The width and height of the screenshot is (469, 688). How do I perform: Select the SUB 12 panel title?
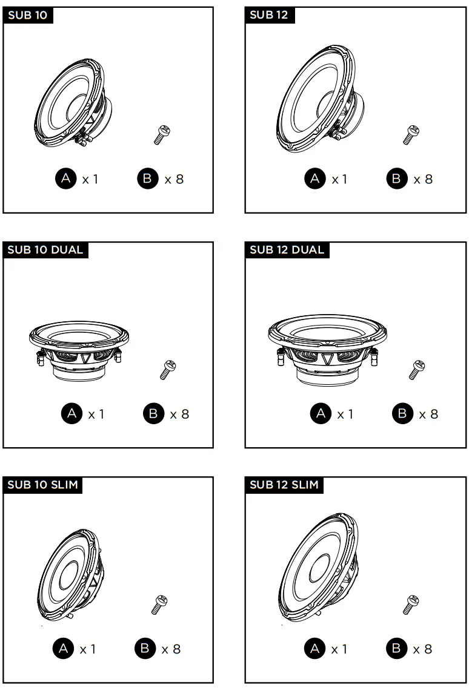point(269,15)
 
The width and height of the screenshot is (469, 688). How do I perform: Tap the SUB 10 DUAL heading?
point(45,250)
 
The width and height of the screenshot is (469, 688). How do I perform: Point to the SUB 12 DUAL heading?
point(287,250)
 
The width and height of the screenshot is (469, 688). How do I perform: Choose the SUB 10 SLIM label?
point(42,485)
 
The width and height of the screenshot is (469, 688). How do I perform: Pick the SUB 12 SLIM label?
point(284,485)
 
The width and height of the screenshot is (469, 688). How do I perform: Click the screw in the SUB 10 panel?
point(162,134)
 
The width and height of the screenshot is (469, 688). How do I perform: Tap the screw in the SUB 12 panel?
point(411,134)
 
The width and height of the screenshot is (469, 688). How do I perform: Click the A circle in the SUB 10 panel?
point(66,179)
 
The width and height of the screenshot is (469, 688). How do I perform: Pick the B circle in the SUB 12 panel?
point(396,179)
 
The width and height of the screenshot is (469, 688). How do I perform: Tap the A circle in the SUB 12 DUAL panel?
point(321,414)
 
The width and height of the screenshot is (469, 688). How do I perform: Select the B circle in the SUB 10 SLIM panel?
point(145,649)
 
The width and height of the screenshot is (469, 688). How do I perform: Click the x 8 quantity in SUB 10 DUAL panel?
point(179,414)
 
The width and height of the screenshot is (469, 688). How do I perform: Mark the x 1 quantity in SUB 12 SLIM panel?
point(339,649)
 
